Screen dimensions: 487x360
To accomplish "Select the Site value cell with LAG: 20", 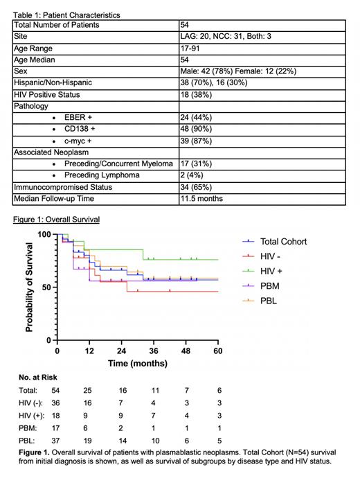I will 221,37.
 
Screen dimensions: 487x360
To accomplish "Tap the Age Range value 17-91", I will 190,48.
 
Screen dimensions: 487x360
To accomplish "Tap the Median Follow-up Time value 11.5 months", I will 203,200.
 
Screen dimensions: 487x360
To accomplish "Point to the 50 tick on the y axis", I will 45,287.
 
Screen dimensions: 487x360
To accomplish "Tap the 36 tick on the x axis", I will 154,352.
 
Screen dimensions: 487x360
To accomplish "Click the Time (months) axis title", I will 138,364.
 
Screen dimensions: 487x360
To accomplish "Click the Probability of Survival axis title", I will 30,287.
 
